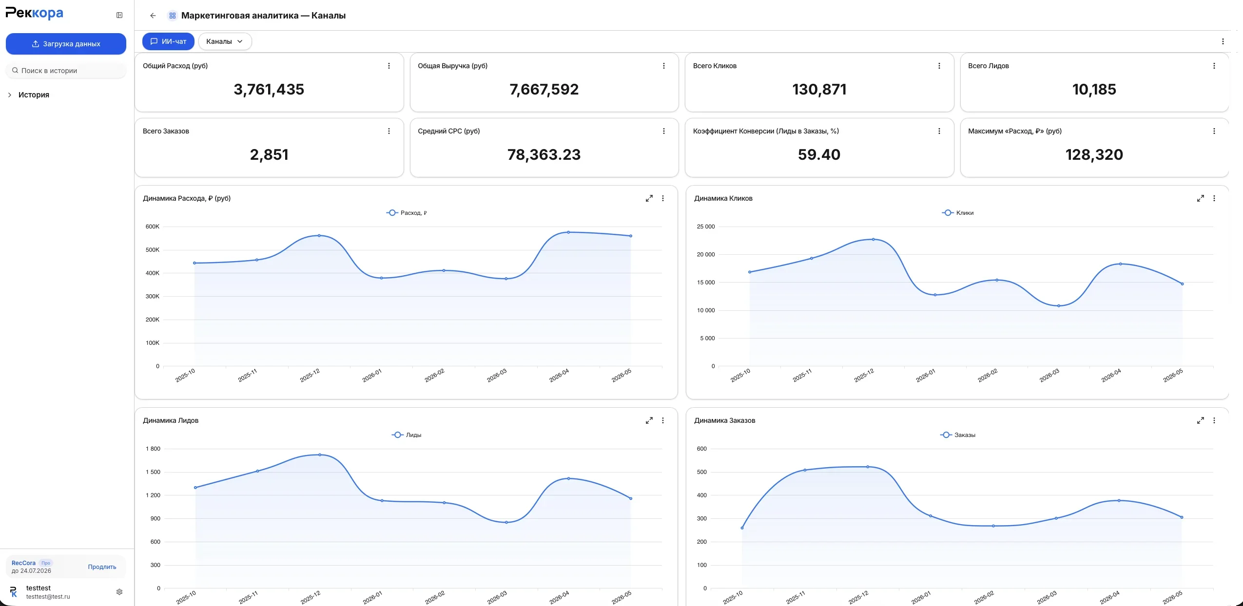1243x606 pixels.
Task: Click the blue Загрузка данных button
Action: click(x=66, y=44)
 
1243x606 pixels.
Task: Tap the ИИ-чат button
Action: click(x=168, y=41)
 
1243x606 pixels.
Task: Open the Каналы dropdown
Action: click(x=225, y=41)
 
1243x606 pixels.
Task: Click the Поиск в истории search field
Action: click(x=66, y=71)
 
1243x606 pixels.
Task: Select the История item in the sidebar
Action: click(x=34, y=95)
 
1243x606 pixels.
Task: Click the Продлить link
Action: click(x=102, y=567)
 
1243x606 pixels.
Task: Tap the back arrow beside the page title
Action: click(x=153, y=16)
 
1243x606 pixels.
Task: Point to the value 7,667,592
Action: click(x=544, y=89)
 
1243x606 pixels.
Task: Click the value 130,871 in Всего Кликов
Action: click(x=819, y=89)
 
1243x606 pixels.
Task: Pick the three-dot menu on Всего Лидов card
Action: click(x=1214, y=66)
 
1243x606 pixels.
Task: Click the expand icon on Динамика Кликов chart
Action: click(x=1201, y=198)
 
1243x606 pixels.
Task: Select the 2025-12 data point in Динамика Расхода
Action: click(x=319, y=235)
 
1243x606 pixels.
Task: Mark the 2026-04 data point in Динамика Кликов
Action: click(x=1120, y=264)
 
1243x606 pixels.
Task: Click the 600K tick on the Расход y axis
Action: click(x=153, y=227)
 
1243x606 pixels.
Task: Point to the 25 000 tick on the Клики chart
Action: click(x=706, y=227)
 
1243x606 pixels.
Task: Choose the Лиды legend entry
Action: click(x=407, y=435)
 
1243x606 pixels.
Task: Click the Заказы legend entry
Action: click(x=958, y=435)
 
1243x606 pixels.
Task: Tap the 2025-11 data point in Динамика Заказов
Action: click(x=805, y=470)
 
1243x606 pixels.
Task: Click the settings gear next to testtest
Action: click(x=119, y=592)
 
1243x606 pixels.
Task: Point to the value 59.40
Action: click(x=819, y=154)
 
